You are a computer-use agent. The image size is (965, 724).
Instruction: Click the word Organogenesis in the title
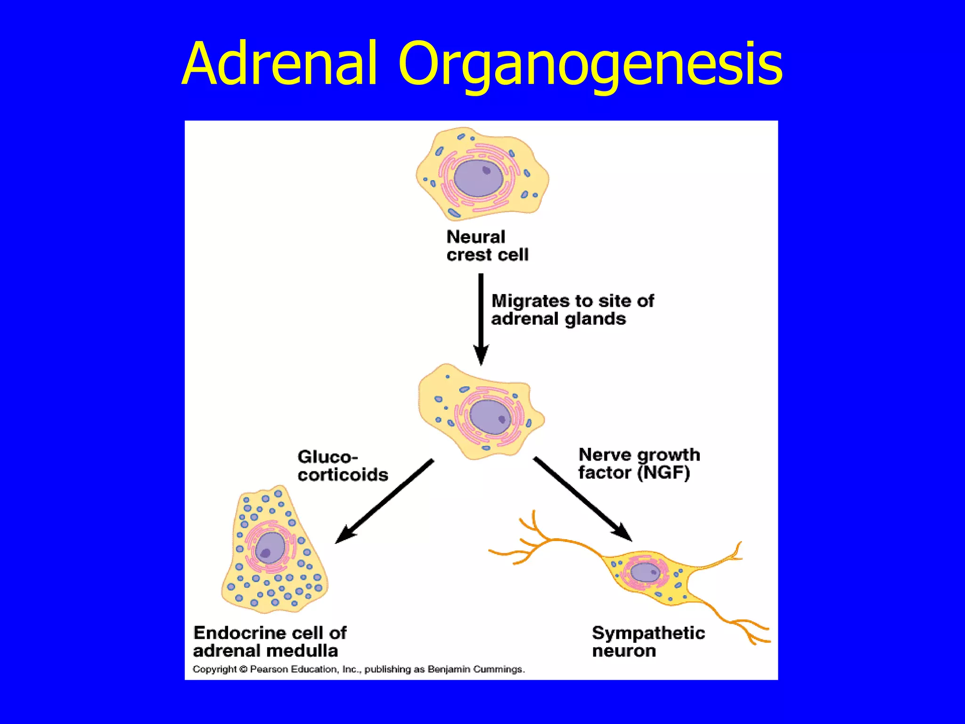click(590, 66)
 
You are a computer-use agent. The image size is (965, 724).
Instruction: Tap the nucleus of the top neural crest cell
click(478, 178)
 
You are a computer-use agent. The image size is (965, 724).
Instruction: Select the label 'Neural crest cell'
click(487, 246)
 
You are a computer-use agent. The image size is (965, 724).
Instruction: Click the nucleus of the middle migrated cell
click(491, 417)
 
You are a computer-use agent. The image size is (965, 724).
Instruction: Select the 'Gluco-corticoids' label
click(343, 466)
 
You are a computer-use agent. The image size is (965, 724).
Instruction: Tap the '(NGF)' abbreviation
click(663, 473)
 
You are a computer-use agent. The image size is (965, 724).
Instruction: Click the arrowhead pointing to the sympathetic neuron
click(622, 533)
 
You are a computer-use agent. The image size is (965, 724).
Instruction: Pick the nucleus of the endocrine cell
click(270, 548)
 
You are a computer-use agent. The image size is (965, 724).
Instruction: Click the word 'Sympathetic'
click(648, 633)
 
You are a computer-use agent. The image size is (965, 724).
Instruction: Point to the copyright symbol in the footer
click(243, 669)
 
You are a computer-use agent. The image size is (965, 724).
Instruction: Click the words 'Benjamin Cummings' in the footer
click(476, 669)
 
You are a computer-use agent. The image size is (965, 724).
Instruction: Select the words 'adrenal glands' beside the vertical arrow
click(558, 319)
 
